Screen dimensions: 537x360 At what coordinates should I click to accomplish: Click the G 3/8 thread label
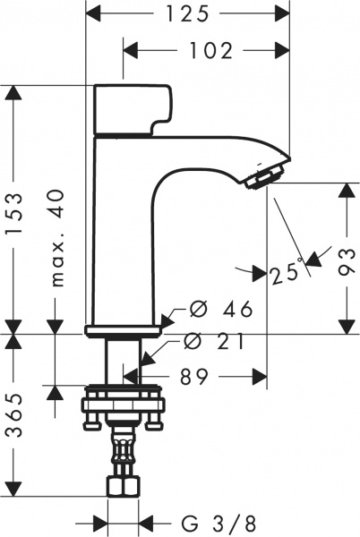point(215,521)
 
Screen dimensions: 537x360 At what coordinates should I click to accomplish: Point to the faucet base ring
point(125,330)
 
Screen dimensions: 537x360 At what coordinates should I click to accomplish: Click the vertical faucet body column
point(125,242)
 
